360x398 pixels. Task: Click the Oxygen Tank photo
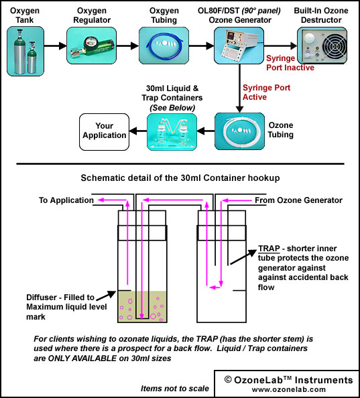coord(25,52)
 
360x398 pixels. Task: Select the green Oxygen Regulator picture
coord(91,46)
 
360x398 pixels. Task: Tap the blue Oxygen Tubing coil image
coord(164,46)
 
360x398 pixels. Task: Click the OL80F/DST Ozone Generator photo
coord(239,46)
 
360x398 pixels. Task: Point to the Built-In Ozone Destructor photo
coord(322,46)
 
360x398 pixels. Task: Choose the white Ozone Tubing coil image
coord(239,131)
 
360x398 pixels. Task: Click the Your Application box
coord(105,132)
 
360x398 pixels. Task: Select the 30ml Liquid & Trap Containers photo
coord(172,132)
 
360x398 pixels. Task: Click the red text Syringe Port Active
coord(266,92)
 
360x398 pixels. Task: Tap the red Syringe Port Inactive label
coord(290,63)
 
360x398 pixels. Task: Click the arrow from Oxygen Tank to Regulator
coord(56,46)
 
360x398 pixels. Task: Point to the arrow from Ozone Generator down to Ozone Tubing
coord(239,88)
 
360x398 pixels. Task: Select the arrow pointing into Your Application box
coord(138,131)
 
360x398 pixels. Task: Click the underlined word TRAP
coord(269,249)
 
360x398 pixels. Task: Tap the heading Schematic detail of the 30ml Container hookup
coord(180,178)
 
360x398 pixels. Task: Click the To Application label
coord(66,200)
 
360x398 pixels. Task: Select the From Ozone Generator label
coord(298,200)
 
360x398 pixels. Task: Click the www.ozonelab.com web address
coord(289,389)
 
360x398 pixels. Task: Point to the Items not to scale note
coord(175,389)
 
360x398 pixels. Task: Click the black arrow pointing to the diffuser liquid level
coord(106,295)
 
